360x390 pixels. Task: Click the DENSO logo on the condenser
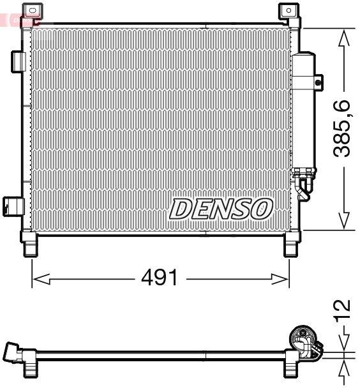(x=221, y=208)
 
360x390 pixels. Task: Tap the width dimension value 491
(x=160, y=278)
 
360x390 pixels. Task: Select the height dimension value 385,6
(x=344, y=128)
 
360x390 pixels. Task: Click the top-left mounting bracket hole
(x=30, y=10)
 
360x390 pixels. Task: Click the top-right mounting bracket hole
(x=289, y=10)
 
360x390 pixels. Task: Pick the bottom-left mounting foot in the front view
(x=30, y=246)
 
